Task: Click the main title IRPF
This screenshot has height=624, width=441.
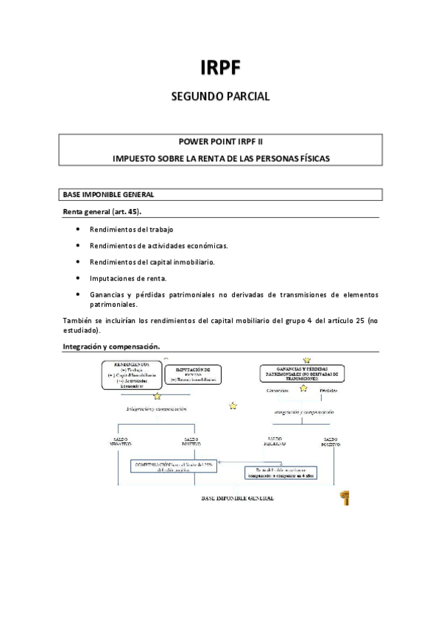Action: click(x=220, y=68)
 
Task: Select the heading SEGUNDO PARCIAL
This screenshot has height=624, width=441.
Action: click(x=220, y=96)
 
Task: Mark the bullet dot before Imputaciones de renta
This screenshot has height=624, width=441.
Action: click(x=79, y=278)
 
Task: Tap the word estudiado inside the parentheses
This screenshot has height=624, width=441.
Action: click(x=85, y=331)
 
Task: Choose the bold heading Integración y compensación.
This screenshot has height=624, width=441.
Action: click(x=111, y=347)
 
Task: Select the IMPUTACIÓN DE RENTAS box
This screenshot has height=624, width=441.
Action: click(x=193, y=375)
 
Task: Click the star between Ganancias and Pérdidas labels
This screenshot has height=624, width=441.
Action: click(x=303, y=388)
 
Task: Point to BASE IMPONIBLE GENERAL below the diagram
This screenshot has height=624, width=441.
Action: click(x=238, y=498)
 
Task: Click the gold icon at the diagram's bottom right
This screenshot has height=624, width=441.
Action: click(x=344, y=498)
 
